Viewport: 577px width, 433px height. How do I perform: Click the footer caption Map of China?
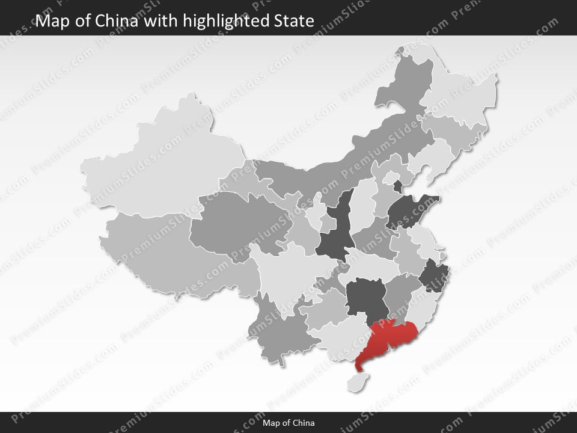[x=288, y=423]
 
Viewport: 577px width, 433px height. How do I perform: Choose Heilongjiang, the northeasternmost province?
[x=463, y=90]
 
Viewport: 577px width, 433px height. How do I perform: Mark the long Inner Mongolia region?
[x=337, y=162]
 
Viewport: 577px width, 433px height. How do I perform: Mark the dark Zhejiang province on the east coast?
[x=432, y=277]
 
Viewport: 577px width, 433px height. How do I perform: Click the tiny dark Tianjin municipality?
[x=397, y=186]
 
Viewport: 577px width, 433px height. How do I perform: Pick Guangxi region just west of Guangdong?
[x=337, y=340]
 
